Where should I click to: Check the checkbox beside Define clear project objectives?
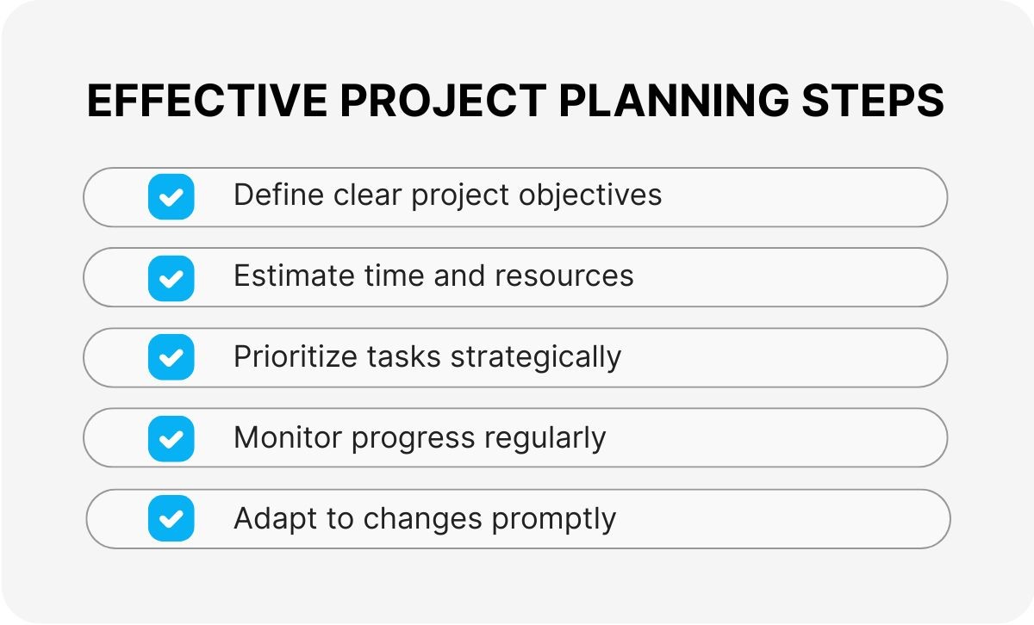click(171, 197)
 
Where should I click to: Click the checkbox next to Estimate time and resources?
click(171, 277)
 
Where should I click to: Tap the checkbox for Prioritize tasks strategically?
click(171, 357)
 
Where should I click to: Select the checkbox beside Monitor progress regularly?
click(171, 438)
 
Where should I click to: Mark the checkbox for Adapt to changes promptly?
click(171, 519)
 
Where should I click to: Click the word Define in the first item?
click(269, 195)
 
